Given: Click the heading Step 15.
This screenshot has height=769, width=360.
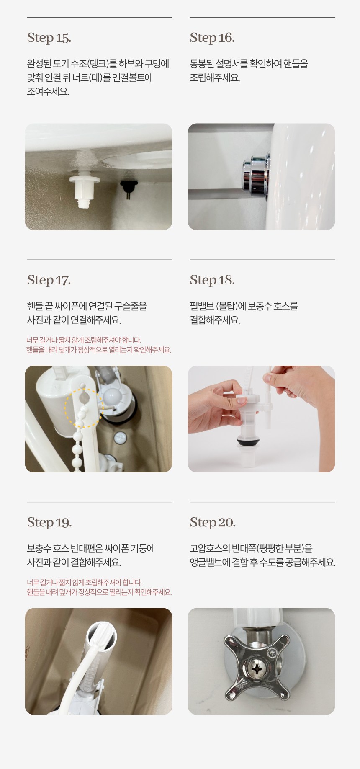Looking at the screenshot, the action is point(49,38).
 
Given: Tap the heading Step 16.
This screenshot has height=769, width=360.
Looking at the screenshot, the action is point(212,38).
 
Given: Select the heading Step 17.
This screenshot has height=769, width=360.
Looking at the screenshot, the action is point(49,280).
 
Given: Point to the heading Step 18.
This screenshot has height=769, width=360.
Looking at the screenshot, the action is point(212,280).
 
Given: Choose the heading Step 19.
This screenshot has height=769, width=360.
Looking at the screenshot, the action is point(49,522).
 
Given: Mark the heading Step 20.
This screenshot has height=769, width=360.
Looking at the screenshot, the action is point(213,522).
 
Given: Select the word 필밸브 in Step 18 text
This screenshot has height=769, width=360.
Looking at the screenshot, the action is point(201,306).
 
